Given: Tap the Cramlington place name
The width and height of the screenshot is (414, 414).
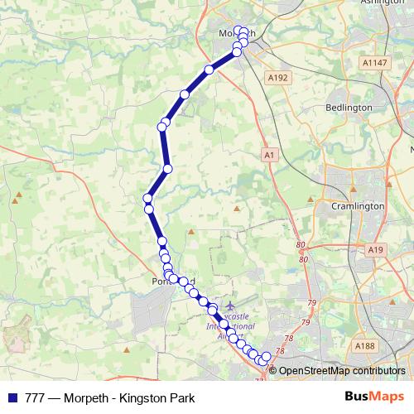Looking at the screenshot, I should coord(357,206).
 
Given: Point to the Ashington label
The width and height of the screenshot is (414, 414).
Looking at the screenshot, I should coord(382,3).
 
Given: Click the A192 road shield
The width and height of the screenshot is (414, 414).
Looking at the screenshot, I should coord(277,76).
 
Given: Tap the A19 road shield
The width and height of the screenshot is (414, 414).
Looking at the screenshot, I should coord(377,249).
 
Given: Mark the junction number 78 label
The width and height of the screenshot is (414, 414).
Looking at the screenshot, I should coord(289,339).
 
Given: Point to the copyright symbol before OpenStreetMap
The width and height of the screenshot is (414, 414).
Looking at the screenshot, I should coord(273,371).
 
